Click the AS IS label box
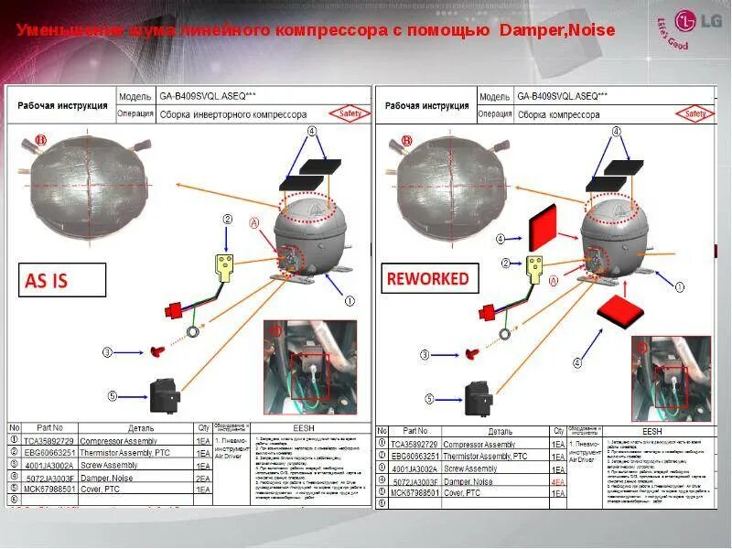point(61,281)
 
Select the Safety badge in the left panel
point(352,113)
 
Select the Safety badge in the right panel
point(694,114)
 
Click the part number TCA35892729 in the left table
point(51,441)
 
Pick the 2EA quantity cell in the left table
point(203,478)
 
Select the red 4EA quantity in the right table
point(556,481)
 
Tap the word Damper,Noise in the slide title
point(557,31)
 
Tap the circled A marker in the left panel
point(255,222)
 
